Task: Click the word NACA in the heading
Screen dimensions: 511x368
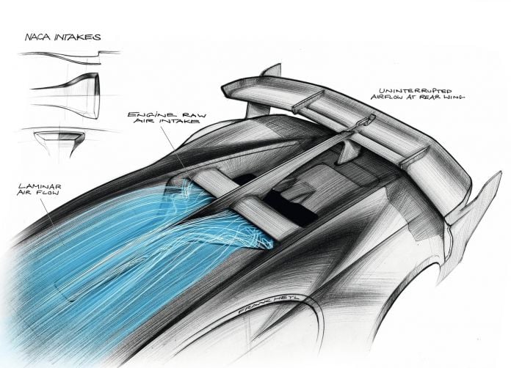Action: click(38, 37)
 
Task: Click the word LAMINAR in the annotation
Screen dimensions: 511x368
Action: click(40, 187)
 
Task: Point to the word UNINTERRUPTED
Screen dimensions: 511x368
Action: click(416, 90)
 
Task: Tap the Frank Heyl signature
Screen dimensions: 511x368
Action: click(270, 304)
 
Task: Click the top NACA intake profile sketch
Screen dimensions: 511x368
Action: click(70, 57)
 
